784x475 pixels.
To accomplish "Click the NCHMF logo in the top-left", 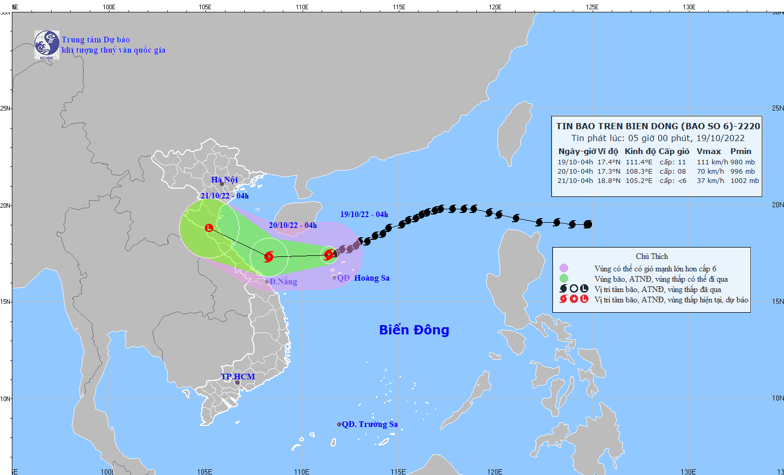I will [46, 45].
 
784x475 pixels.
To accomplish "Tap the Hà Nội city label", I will [225, 179].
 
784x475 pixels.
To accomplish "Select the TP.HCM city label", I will [238, 376].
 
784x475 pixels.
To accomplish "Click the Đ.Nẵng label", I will [283, 282].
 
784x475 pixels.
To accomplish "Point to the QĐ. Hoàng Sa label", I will [363, 278].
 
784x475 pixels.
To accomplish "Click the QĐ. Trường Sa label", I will [370, 424].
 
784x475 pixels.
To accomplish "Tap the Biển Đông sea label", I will [414, 330].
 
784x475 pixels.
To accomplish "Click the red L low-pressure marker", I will [209, 227].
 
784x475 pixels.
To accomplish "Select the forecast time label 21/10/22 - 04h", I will [225, 196].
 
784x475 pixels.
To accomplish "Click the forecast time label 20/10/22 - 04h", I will [293, 225].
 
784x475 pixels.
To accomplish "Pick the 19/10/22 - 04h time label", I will [364, 214].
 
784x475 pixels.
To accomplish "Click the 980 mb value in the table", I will [742, 162].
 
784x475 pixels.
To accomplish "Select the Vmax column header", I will [709, 151].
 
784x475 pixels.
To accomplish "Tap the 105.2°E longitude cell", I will [639, 181].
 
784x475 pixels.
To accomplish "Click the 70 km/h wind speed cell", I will [708, 172].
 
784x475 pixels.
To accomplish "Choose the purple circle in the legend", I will [564, 268].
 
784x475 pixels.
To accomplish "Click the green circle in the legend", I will [564, 279].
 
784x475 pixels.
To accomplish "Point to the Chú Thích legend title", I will [651, 256].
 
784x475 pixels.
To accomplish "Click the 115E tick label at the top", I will [398, 7].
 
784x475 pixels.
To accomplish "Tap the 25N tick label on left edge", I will [5, 109].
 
